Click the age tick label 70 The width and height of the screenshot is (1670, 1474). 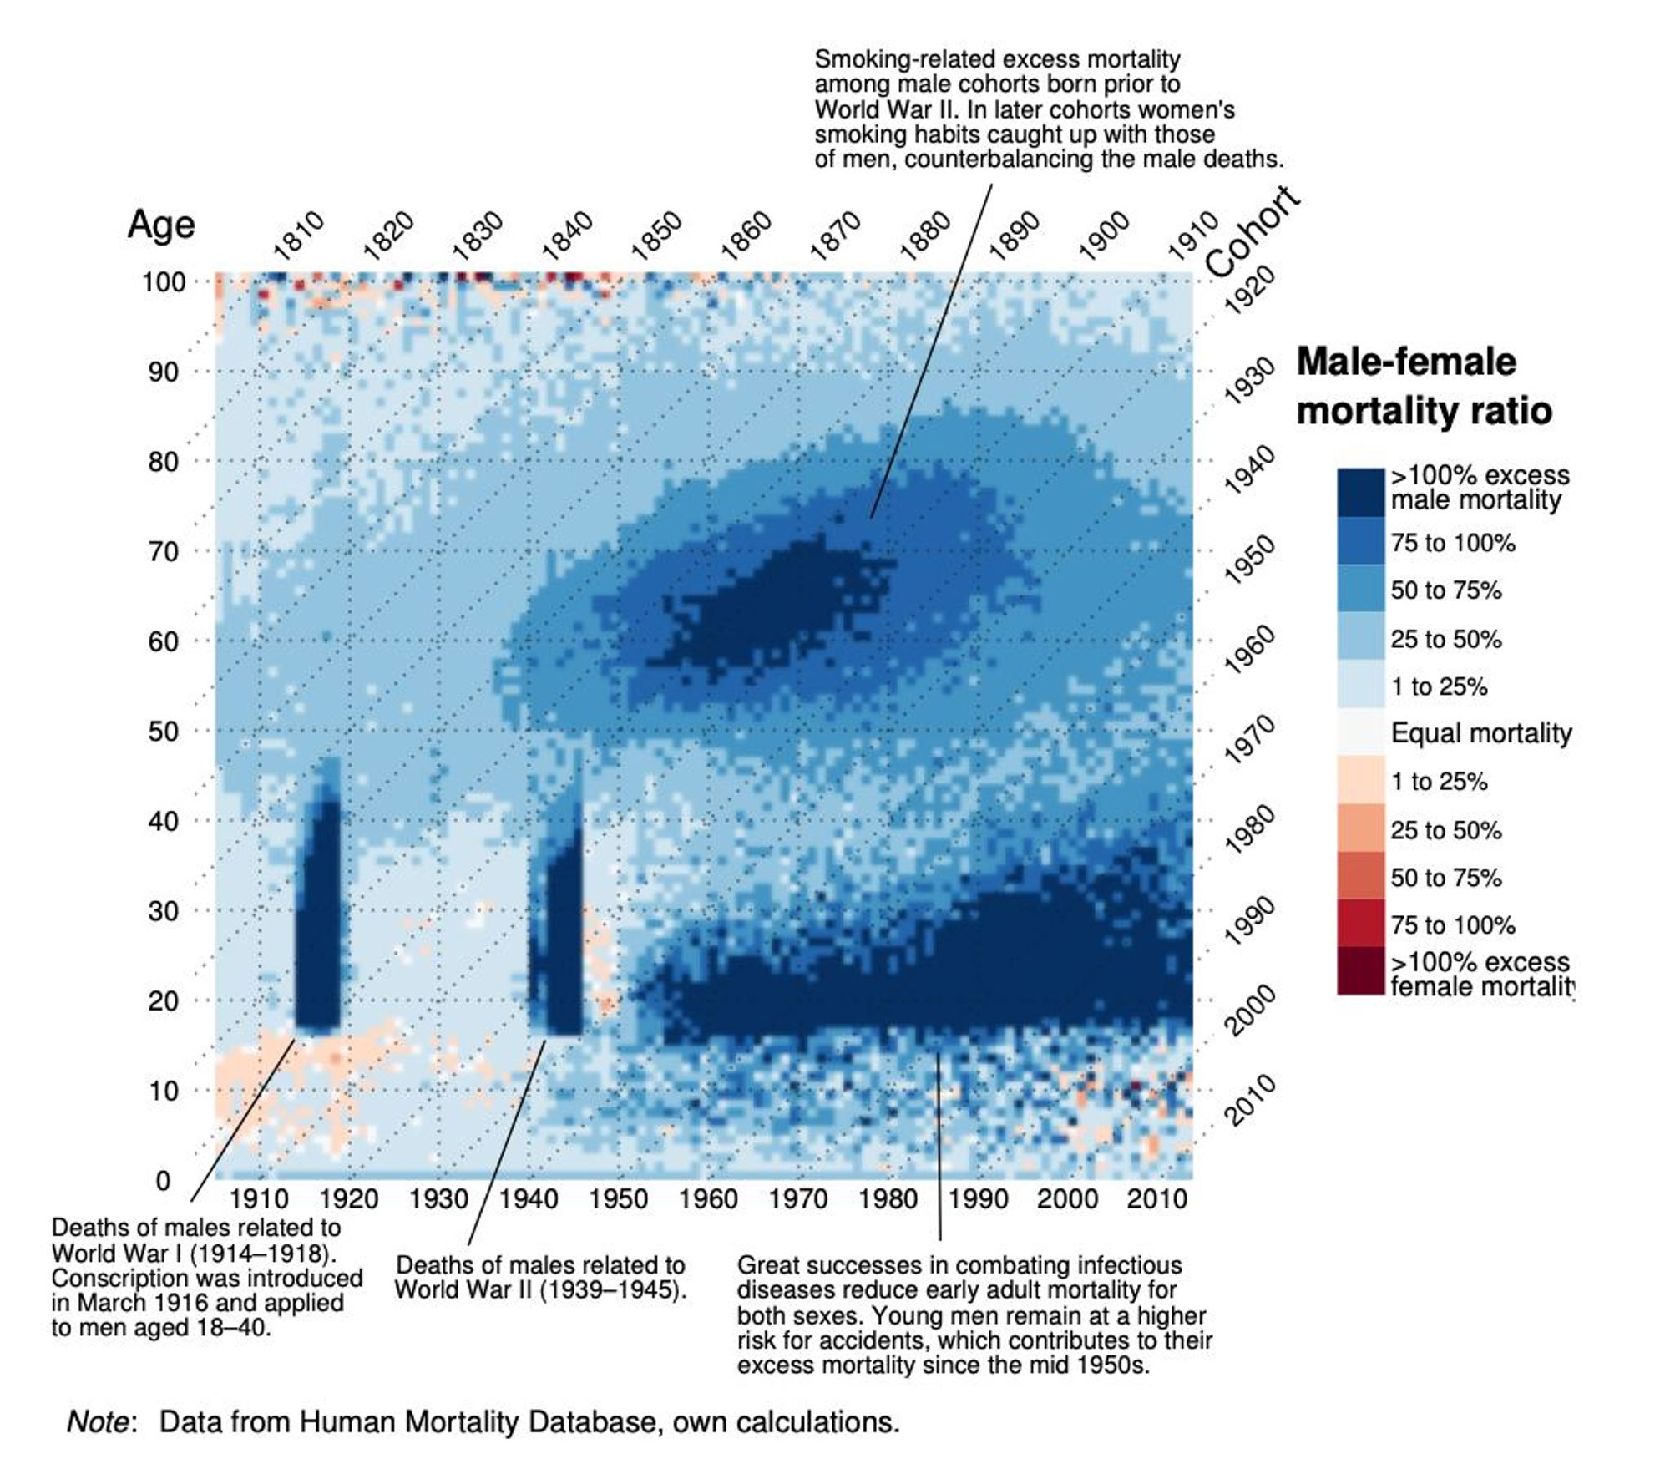point(164,551)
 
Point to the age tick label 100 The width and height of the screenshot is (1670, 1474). point(164,281)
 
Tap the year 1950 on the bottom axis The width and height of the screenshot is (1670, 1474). point(619,1199)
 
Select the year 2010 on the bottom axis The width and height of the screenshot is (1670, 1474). point(1156,1199)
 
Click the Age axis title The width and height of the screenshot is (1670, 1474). point(161,225)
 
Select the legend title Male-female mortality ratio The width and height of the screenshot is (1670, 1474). point(1423,386)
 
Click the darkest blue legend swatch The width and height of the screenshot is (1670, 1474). point(1361,492)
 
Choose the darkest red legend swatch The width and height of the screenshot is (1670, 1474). point(1361,970)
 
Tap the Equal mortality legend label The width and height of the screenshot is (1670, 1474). point(1480,733)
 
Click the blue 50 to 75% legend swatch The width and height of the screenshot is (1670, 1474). point(1361,589)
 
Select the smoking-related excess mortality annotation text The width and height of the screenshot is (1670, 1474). point(1049,109)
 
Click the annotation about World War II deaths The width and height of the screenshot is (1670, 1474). point(541,1277)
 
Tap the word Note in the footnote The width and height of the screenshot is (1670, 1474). point(99,1421)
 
